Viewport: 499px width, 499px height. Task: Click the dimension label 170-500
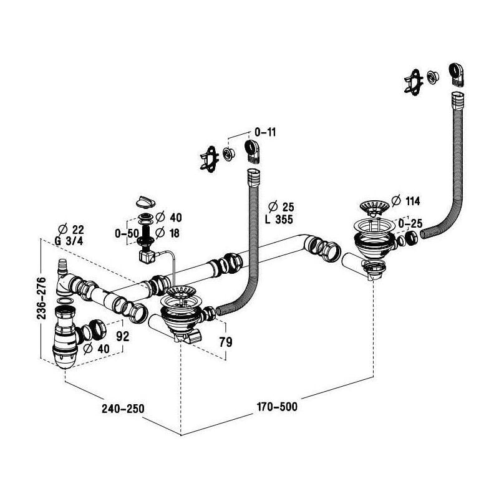click(277, 407)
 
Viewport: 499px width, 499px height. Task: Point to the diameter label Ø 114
click(404, 201)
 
